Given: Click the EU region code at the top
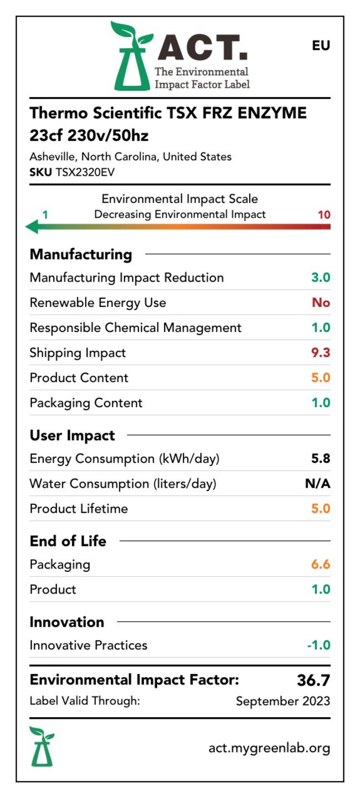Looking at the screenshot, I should point(321,45).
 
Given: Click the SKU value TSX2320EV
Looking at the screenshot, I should point(85,172).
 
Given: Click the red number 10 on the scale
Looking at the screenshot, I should point(324,214).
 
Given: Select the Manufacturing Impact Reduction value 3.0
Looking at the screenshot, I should point(321,278).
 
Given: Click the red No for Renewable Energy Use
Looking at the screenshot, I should point(321,303).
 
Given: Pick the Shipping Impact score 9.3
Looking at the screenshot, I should point(321,353).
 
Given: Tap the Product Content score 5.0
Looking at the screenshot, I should point(321,378).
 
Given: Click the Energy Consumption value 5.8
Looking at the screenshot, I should point(321,459).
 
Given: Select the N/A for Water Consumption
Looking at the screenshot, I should point(317,484).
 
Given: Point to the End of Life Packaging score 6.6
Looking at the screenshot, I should point(321,565).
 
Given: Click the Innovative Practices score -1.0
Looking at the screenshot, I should point(318,646).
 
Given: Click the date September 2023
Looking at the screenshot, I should point(282,702).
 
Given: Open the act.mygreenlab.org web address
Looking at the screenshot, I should point(269,748).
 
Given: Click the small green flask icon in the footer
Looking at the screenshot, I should point(42,746).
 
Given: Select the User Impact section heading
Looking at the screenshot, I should point(72,436).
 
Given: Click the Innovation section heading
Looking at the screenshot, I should point(66,622).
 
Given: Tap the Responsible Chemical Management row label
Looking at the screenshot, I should point(136,328).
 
